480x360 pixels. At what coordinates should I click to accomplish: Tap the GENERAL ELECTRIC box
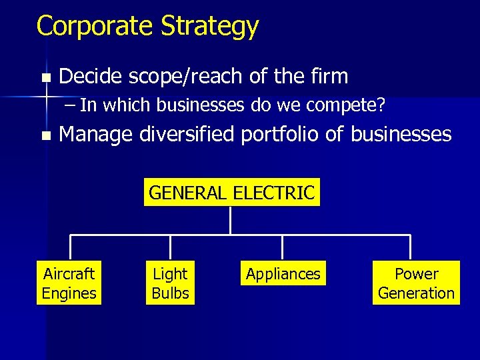coord(231,193)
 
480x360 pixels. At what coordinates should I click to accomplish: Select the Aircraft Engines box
coord(69,283)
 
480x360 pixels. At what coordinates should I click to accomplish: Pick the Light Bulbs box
coord(170,283)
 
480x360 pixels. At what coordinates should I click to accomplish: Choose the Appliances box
coord(283,273)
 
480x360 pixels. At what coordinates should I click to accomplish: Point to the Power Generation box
coord(416,283)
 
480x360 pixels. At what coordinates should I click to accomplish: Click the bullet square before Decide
coord(45,78)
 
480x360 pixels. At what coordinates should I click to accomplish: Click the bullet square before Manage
coord(45,136)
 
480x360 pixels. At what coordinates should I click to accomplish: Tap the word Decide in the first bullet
coord(90,77)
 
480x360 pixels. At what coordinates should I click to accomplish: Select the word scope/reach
coord(185,77)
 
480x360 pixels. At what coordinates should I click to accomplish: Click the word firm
coord(328,77)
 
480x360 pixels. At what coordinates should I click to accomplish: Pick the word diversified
coord(187,135)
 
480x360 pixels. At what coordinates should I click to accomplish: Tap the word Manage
coord(96,135)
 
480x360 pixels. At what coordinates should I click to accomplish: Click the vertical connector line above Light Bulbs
coord(171,247)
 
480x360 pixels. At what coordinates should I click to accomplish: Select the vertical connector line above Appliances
coord(283,247)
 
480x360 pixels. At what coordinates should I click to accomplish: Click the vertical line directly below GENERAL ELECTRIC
coord(230,220)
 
